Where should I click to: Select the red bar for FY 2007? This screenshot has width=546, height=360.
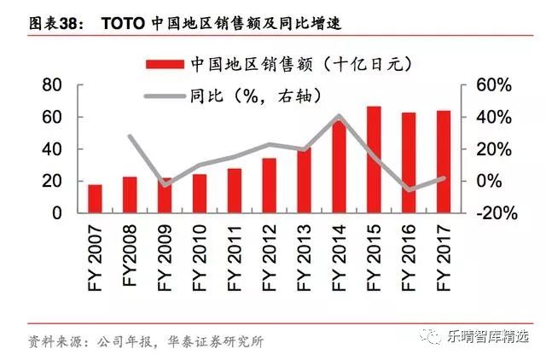95,199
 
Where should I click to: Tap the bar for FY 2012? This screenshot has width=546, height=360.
269,185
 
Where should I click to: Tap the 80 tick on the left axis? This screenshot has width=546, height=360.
52,85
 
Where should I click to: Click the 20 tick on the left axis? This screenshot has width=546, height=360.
52,181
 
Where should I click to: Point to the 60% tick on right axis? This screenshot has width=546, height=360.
487,85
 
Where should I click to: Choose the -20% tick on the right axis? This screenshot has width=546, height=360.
487,213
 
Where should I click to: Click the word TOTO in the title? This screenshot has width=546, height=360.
123,23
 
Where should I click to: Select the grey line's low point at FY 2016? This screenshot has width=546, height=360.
409,189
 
